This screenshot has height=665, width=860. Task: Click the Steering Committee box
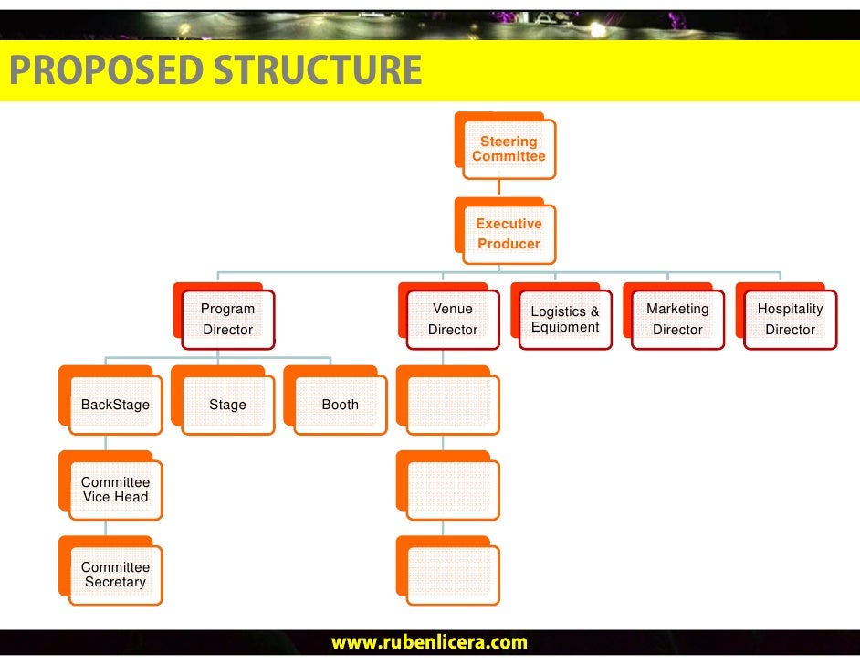[509, 149]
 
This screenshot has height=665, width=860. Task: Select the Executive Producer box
[509, 234]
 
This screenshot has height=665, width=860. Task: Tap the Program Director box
[227, 319]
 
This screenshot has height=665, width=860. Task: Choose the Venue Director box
[453, 319]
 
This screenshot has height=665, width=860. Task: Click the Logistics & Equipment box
[565, 319]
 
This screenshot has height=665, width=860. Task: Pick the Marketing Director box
[677, 319]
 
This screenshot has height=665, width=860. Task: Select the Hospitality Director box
[790, 319]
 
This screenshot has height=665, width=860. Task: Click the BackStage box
[115, 405]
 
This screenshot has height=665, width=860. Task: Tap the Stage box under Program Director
[227, 405]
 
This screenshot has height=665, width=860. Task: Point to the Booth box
[340, 405]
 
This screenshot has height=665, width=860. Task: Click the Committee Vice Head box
[115, 490]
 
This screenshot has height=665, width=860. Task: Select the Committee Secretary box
[115, 575]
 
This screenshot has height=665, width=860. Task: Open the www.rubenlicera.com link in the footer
[429, 643]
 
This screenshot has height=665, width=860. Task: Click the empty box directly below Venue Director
[453, 405]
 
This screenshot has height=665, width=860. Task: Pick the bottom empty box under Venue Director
[453, 575]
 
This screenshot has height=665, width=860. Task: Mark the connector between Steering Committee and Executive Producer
[498, 188]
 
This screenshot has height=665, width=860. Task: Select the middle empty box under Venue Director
[453, 490]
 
